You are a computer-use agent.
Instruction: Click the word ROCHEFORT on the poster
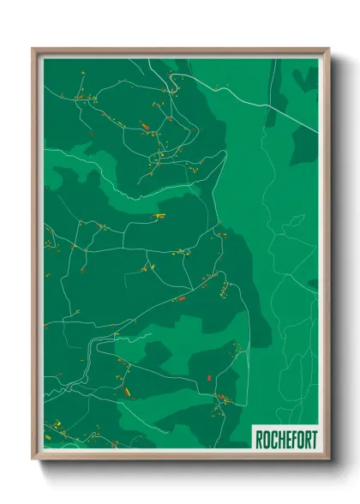pos(285,440)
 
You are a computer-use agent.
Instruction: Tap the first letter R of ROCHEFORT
pos(259,440)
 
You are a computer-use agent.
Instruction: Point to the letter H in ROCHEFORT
pos(279,440)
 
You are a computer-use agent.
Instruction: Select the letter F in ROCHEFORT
pos(292,440)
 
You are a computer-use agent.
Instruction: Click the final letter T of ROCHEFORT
pos(313,440)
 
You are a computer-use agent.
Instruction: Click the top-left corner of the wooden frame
pos(33,49)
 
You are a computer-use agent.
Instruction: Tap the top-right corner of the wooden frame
pos(328,49)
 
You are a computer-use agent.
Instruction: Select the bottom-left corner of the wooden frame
pos(33,460)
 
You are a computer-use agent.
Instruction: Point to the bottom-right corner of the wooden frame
pos(328,460)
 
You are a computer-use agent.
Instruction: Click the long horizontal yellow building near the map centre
pos(158,216)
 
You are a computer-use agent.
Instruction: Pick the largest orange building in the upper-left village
pos(145,127)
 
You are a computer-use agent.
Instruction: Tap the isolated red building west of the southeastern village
pos(210,376)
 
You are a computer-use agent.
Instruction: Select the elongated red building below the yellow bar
pos(181,298)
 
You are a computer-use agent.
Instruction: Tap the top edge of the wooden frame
pos(181,50)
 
